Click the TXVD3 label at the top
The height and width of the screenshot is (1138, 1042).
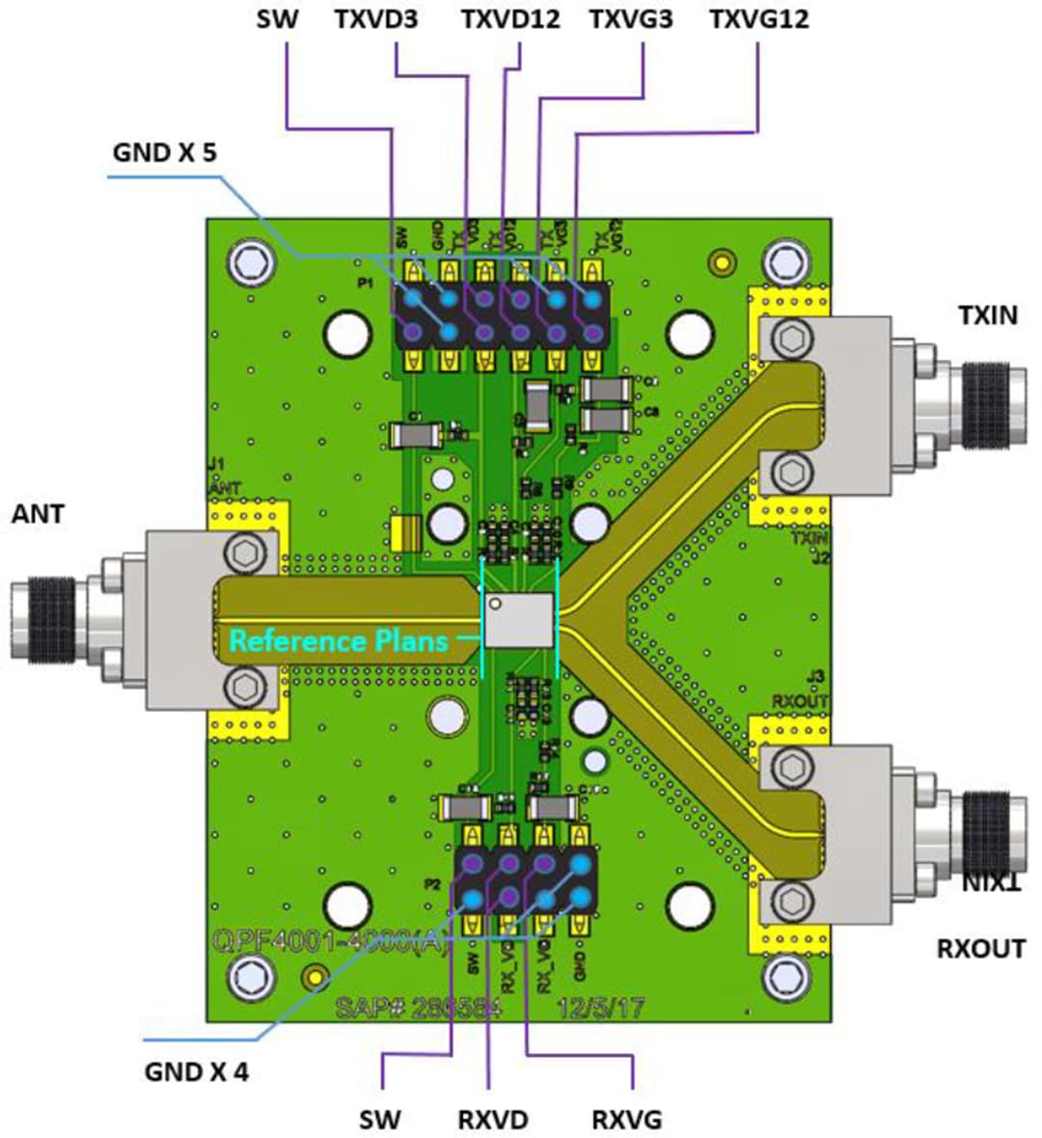tap(376, 18)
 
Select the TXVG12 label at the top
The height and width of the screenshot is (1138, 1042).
tap(758, 18)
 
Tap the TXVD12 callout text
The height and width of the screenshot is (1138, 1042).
tap(510, 18)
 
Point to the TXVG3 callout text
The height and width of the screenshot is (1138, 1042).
tap(631, 18)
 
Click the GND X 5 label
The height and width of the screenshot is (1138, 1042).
tap(165, 152)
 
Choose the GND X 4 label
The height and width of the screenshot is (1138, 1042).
tap(196, 1070)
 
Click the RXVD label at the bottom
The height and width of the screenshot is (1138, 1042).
tap(493, 1119)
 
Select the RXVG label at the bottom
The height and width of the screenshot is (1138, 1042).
tap(626, 1119)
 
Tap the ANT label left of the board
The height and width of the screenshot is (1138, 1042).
tap(38, 514)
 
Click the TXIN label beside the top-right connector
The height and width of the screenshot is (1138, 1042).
tap(987, 314)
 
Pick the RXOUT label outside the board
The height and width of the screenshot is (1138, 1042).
tap(980, 949)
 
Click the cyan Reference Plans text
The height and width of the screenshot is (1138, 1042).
tap(338, 641)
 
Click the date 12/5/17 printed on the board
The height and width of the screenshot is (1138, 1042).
tap(601, 1008)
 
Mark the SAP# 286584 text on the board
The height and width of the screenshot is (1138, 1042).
tap(419, 1008)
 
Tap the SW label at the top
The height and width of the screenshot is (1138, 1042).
tap(277, 18)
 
